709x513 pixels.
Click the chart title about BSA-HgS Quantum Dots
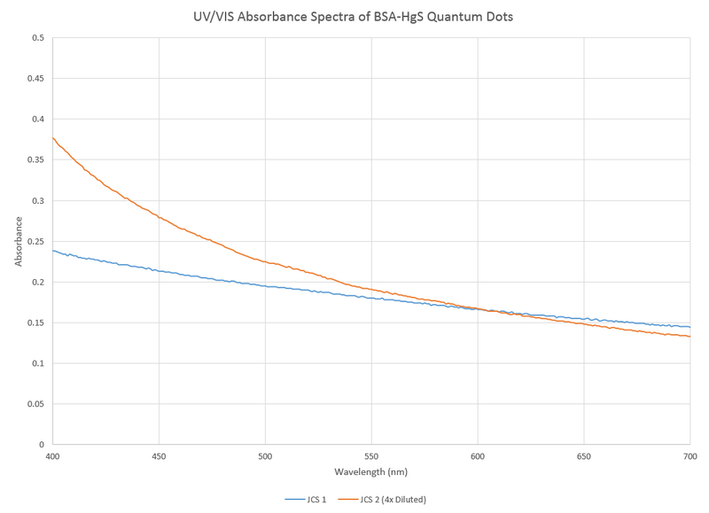coord(354,17)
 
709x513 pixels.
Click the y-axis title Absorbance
coord(19,241)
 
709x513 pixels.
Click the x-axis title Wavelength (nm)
coord(370,472)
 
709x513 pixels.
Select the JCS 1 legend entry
coord(307,500)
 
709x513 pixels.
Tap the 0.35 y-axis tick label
coord(35,160)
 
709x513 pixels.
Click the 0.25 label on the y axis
coord(35,241)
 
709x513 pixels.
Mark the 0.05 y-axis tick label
coord(35,404)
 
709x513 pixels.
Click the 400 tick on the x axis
coord(53,456)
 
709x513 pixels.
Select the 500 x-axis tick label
coord(265,456)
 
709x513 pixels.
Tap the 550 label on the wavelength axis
coord(371,456)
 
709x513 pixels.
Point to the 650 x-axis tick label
coord(583,456)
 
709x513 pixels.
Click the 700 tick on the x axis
coord(690,456)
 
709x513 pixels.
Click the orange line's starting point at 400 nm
coord(53,137)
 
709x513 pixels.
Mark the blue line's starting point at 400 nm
coord(53,250)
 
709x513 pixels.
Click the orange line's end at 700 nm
coord(690,337)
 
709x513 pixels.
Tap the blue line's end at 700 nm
coord(690,327)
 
